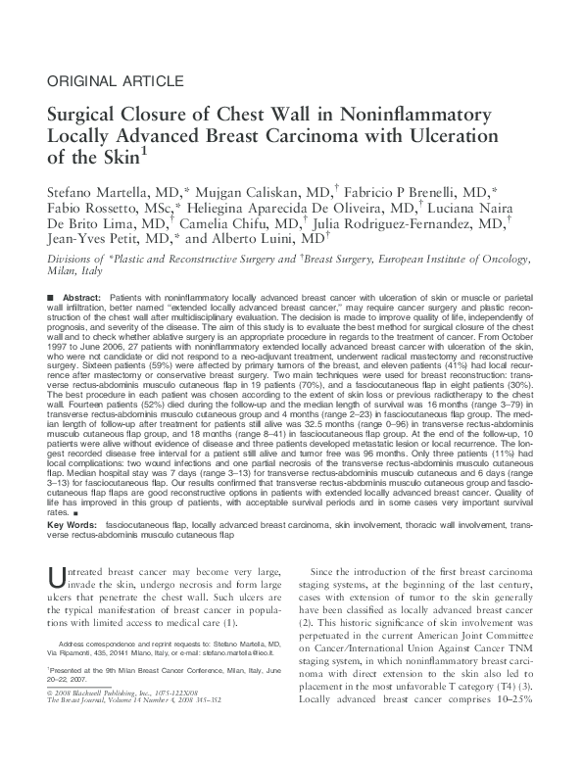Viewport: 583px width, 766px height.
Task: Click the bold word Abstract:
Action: pyautogui.click(x=82, y=297)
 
